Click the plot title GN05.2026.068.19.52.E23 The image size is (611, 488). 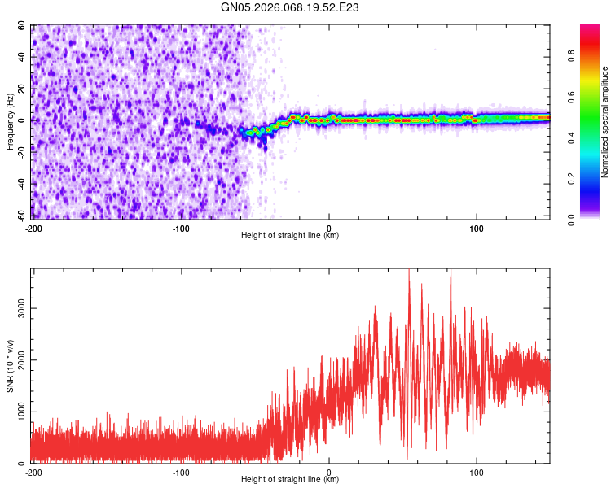(291, 8)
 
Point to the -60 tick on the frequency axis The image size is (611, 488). (21, 216)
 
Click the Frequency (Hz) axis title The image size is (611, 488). (10, 121)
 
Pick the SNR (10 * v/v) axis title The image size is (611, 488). (10, 365)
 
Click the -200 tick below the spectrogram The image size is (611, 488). (33, 228)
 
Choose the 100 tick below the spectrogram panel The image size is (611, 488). (477, 228)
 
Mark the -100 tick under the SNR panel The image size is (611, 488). (181, 473)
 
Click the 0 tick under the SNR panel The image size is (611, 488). (329, 473)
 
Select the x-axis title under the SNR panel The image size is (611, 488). (290, 481)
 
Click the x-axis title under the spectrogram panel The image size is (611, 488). (290, 236)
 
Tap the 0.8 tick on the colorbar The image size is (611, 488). (595, 57)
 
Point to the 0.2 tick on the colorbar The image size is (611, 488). (595, 179)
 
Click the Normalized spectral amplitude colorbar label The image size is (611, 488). (605, 122)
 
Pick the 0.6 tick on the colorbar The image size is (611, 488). (595, 98)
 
